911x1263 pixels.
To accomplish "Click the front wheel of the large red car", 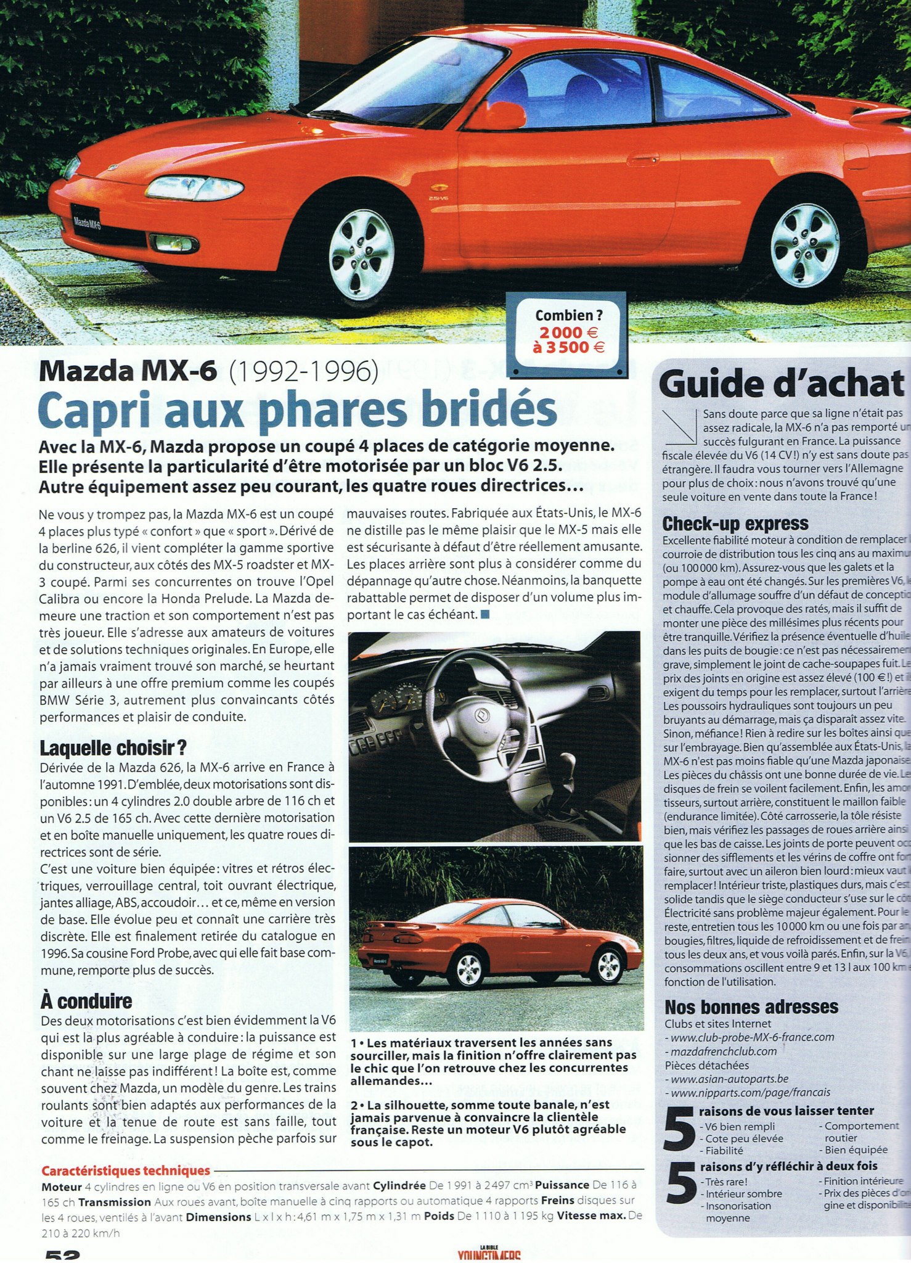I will point(361,255).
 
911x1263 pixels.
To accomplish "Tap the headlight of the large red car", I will point(194,187).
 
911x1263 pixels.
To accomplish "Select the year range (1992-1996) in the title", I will point(303,371).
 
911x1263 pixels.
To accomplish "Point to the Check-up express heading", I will point(735,524).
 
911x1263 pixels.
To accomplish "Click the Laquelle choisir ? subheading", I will point(113,748).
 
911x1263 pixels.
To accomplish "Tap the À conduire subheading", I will point(86,1000).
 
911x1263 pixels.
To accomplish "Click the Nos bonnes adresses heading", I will point(751,1007).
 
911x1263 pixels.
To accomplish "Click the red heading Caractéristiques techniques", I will point(126,1170).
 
